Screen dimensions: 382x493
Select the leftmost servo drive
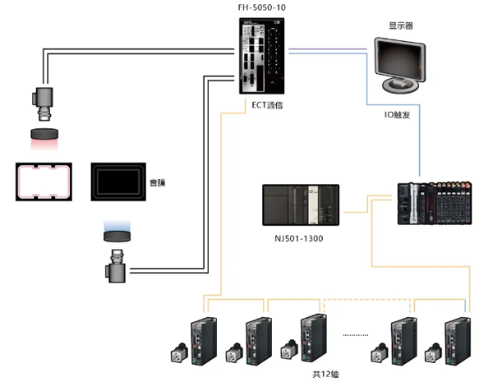coord(202,338)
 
